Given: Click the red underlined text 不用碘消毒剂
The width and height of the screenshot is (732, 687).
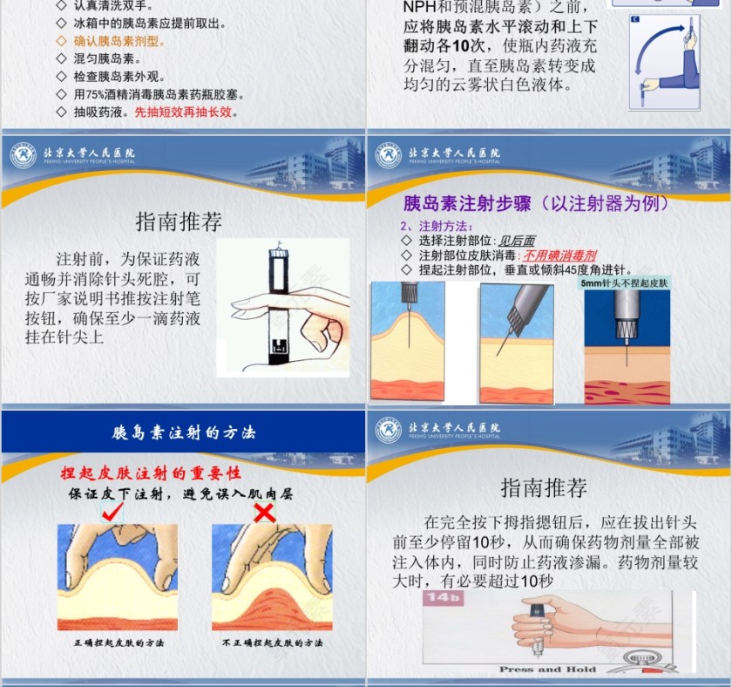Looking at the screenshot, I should [559, 255].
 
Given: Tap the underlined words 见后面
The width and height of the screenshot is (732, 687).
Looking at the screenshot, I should [516, 241].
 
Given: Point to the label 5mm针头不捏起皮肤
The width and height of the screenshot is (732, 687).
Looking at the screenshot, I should [624, 283].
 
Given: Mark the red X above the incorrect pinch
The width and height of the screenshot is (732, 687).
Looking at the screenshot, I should [264, 513].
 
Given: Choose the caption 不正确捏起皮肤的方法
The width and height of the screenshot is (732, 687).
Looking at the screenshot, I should [272, 643].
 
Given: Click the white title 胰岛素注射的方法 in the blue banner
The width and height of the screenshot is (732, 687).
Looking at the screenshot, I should [184, 432].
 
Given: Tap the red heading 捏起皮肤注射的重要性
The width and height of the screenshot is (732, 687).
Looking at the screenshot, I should [150, 473].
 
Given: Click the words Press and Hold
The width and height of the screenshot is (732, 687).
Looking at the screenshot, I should [547, 670].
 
